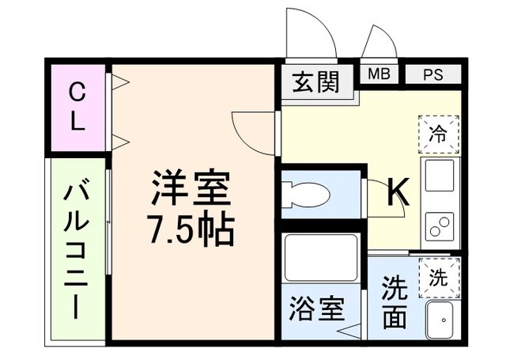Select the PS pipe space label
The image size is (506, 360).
[432, 75]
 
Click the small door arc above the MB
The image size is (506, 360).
[378, 44]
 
